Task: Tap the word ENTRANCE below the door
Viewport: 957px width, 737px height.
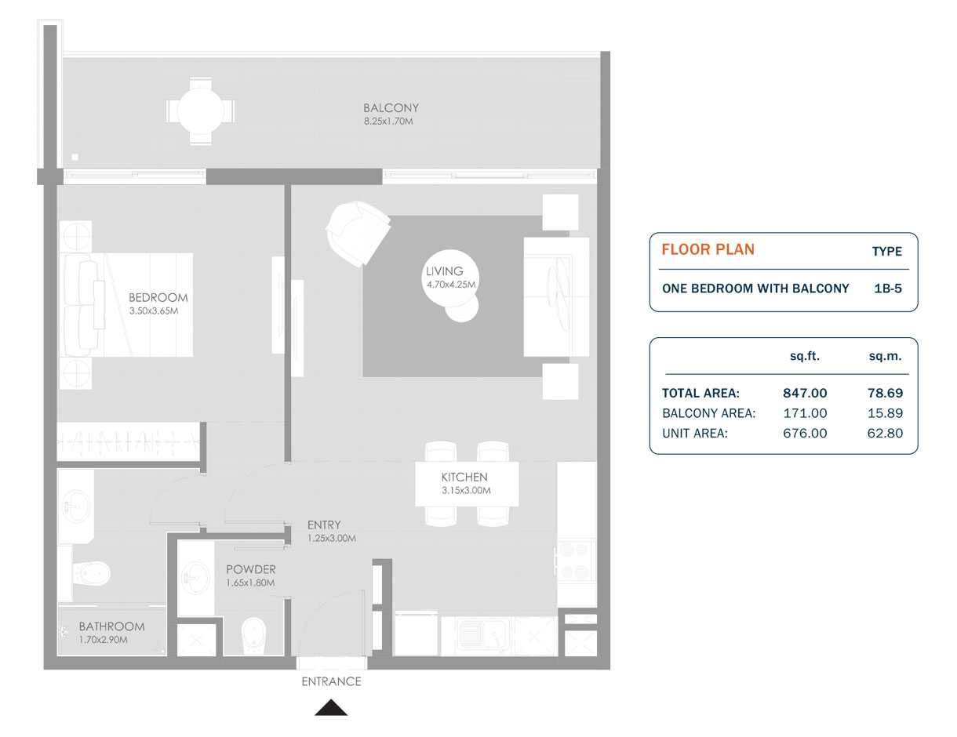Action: (331, 682)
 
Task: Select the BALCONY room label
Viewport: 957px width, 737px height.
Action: (391, 108)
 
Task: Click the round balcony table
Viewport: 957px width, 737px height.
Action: (200, 111)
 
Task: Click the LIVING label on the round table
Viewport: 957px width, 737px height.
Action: (445, 271)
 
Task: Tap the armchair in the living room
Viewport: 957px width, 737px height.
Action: (358, 233)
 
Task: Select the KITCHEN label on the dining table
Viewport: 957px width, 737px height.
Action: (464, 477)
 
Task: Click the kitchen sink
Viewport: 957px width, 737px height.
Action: (474, 634)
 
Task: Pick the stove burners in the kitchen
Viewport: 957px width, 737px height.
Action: (577, 561)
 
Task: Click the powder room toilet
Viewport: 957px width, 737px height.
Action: (253, 634)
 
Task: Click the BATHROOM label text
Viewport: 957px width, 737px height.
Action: (111, 626)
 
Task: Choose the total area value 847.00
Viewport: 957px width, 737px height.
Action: (805, 394)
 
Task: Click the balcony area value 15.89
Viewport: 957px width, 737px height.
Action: (885, 413)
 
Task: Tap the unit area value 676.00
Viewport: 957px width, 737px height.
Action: (805, 433)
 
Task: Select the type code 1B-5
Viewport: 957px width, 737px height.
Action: (887, 289)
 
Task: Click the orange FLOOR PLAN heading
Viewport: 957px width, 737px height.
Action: (708, 250)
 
